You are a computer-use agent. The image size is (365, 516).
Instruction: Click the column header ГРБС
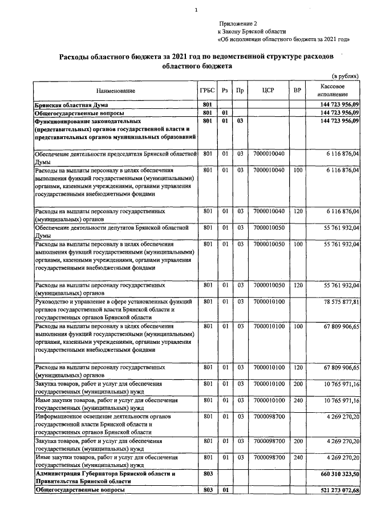pos(207,91)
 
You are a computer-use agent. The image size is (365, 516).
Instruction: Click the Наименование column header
pos(116,91)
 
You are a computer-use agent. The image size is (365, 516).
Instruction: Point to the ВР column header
pos(297,91)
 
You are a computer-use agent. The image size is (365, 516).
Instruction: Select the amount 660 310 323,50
pos(335,474)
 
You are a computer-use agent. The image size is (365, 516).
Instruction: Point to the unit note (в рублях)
pos(345,75)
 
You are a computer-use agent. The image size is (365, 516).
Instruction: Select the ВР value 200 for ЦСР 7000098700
pos(297,441)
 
